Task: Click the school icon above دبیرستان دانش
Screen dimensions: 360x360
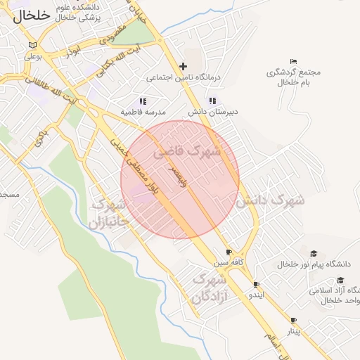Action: click(212, 101)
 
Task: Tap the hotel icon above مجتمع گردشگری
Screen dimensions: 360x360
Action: click(293, 62)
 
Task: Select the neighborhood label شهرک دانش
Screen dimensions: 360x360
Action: click(270, 200)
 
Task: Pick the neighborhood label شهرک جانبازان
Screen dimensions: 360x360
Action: click(110, 214)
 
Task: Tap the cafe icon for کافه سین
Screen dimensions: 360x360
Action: click(229, 252)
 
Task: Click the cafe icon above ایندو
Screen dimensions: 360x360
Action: click(256, 285)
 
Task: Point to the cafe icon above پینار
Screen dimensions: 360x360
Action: click(293, 320)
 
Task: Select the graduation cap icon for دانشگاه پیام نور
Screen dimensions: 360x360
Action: click(314, 254)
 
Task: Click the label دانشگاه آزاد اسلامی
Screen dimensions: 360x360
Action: click(333, 290)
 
